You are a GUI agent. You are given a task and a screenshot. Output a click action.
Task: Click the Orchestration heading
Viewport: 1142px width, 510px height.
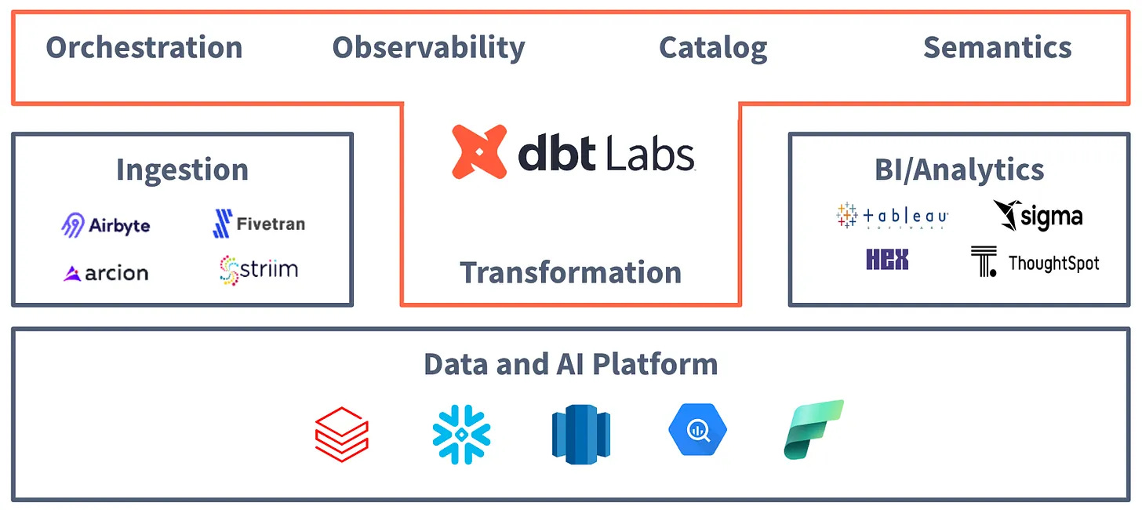144,48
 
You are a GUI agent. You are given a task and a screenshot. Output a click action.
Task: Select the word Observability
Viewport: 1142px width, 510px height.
428,48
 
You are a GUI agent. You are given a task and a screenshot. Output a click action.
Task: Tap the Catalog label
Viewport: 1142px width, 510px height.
713,48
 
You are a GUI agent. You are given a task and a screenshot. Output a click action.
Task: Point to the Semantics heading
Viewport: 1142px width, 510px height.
997,48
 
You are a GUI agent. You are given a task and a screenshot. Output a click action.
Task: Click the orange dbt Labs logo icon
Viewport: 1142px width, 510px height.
478,152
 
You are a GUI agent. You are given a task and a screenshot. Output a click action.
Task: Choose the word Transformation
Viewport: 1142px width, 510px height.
570,272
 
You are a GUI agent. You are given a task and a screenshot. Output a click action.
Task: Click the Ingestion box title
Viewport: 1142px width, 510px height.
182,169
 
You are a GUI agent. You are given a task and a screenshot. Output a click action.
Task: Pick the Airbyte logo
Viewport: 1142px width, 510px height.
106,226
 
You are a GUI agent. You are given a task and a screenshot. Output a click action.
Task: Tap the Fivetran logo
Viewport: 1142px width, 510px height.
259,224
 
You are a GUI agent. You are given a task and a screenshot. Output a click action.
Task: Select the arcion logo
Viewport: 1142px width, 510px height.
106,273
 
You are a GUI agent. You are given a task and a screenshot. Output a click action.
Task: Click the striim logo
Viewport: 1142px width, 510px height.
259,270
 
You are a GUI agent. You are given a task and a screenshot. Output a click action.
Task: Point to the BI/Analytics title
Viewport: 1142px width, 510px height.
959,169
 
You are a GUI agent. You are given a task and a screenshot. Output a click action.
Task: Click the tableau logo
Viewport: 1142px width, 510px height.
893,216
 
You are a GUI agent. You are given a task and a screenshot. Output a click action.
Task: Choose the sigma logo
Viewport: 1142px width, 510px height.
1037,216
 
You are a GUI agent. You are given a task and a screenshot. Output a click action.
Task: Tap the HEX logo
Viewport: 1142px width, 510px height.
887,260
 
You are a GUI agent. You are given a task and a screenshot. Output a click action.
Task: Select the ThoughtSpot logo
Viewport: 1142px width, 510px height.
1035,263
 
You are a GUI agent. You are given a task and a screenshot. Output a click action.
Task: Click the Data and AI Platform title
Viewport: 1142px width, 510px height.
570,364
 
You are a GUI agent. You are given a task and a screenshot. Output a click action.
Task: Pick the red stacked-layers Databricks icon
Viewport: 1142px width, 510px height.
341,434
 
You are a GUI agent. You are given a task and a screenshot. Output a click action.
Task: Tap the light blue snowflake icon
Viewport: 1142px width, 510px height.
461,434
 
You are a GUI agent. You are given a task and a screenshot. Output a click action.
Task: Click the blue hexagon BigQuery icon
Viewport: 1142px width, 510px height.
697,431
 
